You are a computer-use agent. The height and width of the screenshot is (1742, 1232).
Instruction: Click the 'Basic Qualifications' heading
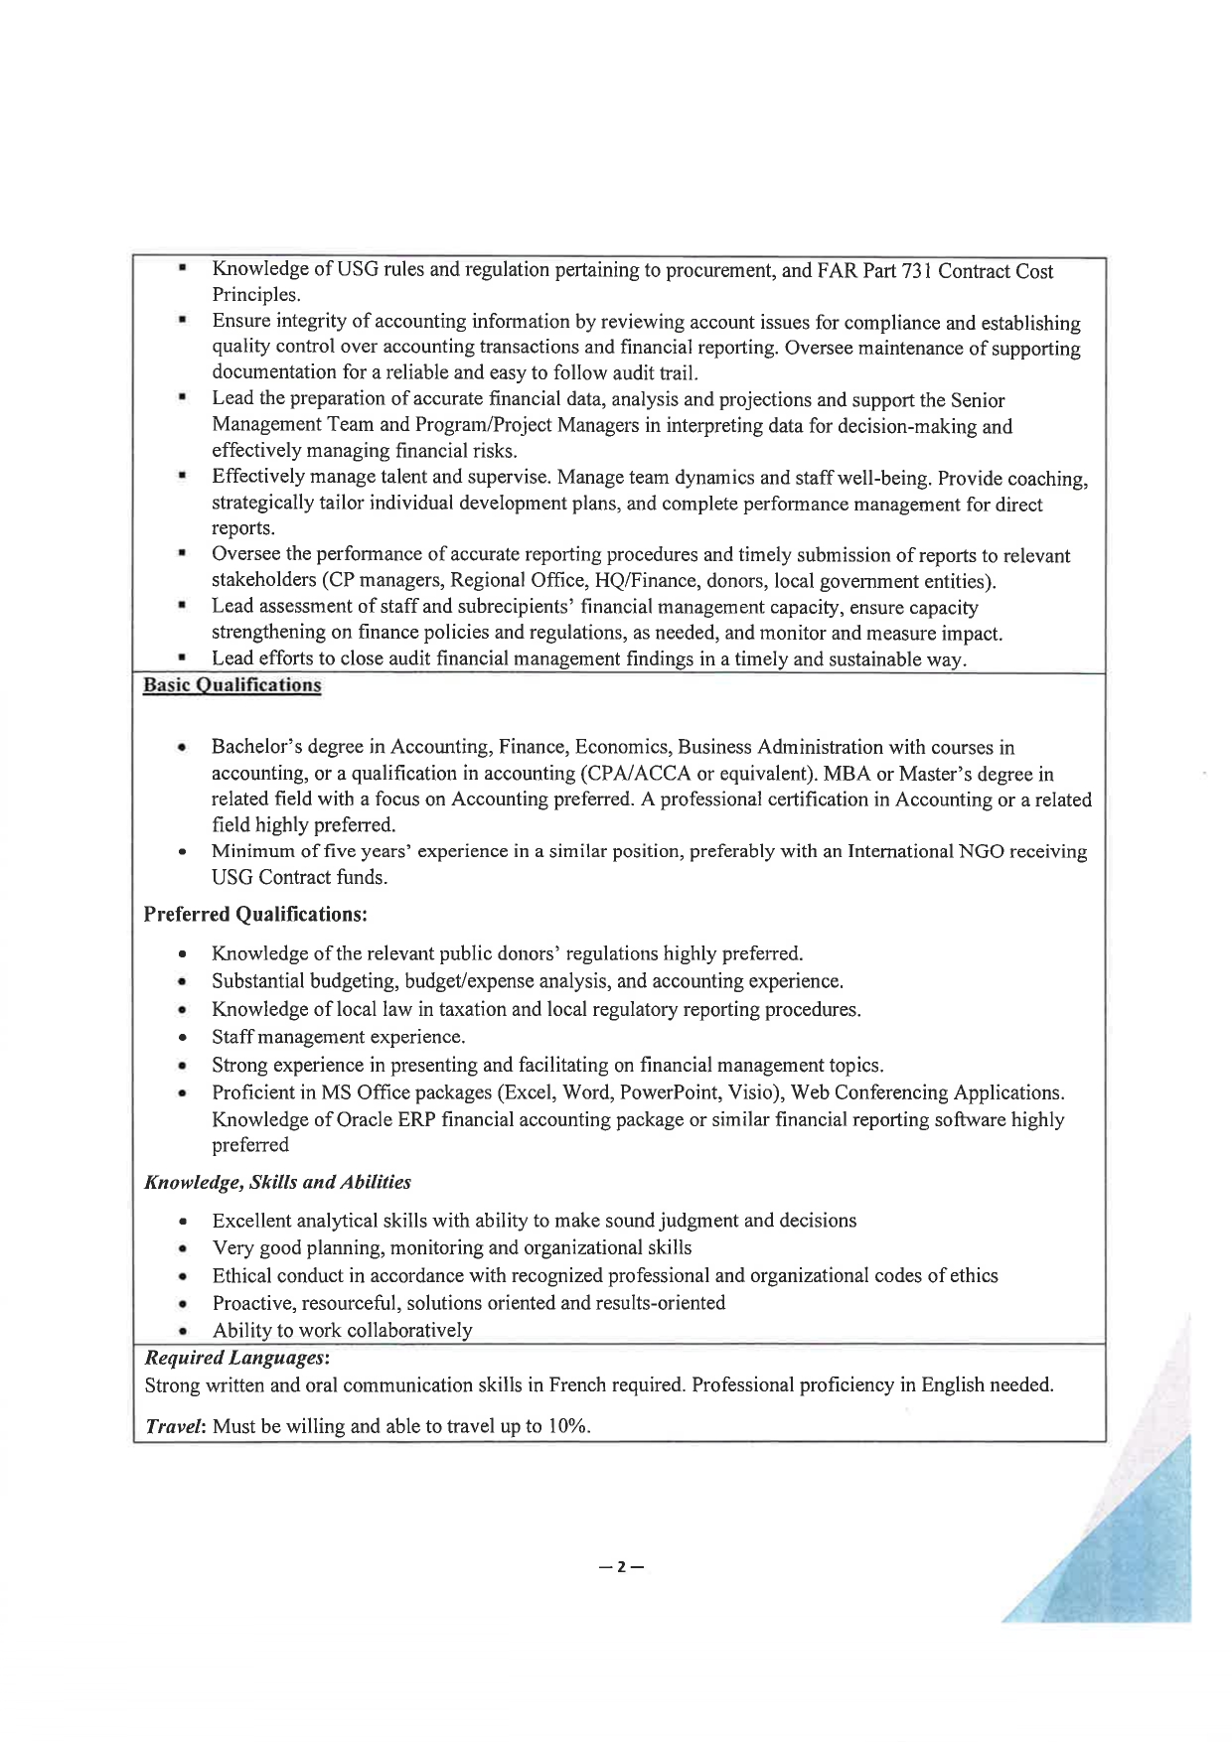click(232, 685)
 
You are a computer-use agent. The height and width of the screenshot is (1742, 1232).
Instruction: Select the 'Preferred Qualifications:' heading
click(255, 914)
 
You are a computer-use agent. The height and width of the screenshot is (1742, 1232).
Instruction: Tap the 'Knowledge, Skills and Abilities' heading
click(277, 1182)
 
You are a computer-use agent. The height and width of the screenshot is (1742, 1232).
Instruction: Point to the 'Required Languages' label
click(235, 1357)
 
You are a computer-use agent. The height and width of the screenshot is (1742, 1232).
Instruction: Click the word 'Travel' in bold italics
click(175, 1426)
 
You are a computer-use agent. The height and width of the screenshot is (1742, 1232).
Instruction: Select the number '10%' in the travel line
click(567, 1426)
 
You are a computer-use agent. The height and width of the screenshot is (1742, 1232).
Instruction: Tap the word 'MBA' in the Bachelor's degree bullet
click(847, 774)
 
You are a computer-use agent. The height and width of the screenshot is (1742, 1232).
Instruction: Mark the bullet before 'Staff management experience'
click(183, 1038)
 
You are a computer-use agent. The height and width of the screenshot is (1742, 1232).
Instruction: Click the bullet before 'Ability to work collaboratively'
click(183, 1331)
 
